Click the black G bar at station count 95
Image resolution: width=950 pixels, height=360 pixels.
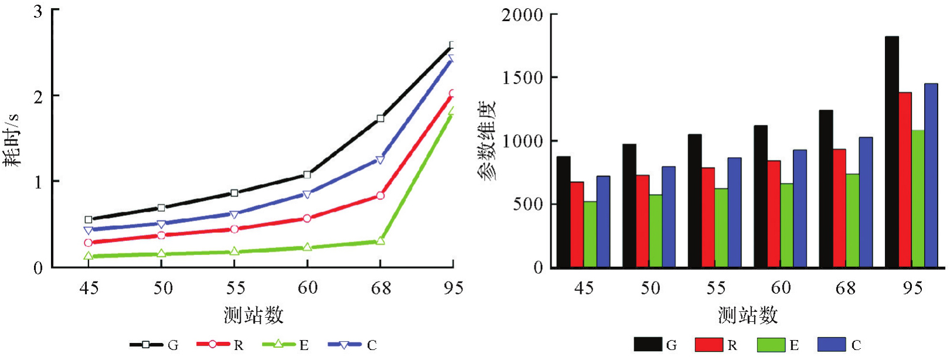point(891,152)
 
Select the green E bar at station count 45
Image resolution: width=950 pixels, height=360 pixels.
point(590,235)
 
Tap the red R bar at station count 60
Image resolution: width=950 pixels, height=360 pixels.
point(774,214)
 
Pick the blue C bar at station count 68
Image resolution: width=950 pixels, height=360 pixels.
point(866,202)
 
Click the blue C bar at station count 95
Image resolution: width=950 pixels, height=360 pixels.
point(931,175)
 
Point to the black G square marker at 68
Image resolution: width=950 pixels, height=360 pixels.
point(380,118)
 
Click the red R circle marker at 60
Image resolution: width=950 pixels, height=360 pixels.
point(307,218)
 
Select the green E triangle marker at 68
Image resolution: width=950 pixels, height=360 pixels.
point(380,240)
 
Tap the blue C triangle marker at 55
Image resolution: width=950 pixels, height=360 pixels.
point(234,215)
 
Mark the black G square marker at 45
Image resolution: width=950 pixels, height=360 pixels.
point(88,220)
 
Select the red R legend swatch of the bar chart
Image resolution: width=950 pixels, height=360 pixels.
point(709,345)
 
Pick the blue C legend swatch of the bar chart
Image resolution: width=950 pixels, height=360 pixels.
point(832,345)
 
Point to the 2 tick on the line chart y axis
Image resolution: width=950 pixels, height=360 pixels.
point(38,96)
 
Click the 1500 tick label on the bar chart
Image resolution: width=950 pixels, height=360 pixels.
point(522,78)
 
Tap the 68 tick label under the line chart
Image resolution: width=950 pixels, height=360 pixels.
point(380,288)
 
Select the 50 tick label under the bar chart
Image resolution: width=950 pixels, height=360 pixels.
point(649,288)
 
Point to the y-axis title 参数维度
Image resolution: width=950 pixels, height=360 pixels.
point(488,141)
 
